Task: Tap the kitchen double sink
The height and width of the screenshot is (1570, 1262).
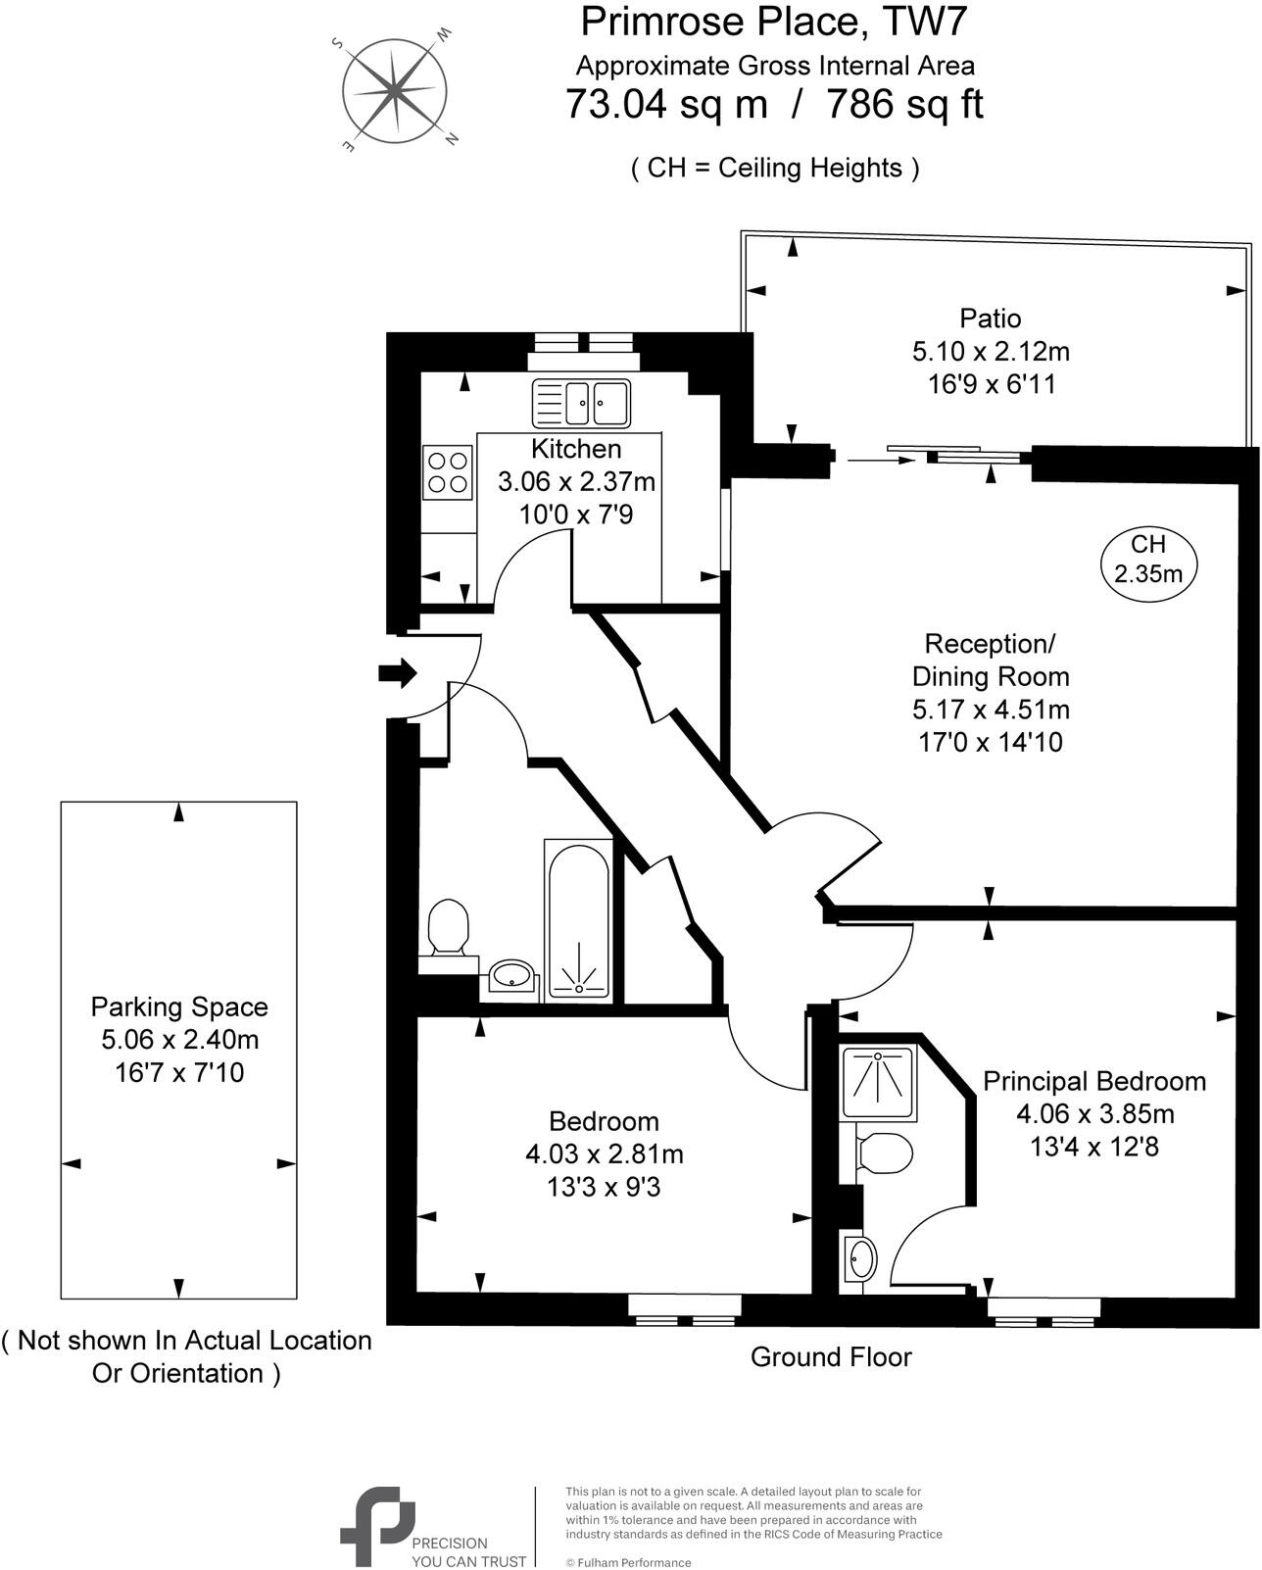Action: point(581,403)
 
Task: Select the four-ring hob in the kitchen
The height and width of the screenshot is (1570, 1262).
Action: point(448,471)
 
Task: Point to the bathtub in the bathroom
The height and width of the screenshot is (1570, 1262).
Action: point(578,918)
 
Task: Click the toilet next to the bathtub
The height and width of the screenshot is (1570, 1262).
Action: point(449,926)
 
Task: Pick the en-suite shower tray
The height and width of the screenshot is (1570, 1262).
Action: point(879,1084)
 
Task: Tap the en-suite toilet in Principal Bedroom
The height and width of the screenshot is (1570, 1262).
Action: point(884,1153)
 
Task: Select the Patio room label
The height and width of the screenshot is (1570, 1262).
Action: point(990,319)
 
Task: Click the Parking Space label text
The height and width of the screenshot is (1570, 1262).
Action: point(179,1007)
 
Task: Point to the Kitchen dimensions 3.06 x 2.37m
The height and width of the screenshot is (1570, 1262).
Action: point(576,482)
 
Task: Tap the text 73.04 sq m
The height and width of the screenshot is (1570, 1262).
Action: point(666,104)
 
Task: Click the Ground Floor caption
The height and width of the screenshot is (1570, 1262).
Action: point(831,1357)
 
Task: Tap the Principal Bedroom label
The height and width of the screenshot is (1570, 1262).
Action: point(1093,1082)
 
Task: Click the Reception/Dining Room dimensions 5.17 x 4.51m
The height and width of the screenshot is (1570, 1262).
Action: point(990,709)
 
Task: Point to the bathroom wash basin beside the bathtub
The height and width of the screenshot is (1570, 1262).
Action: point(511,975)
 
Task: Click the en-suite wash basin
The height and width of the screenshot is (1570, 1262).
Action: point(860,1258)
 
